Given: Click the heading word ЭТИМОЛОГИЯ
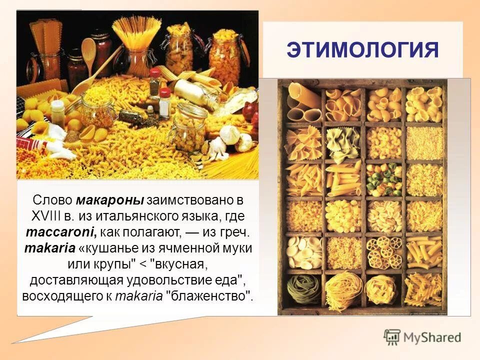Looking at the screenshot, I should [362, 51].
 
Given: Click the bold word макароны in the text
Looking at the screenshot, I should [110, 200].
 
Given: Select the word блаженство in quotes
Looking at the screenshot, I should [212, 296].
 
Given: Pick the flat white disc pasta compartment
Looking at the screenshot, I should [303, 250].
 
